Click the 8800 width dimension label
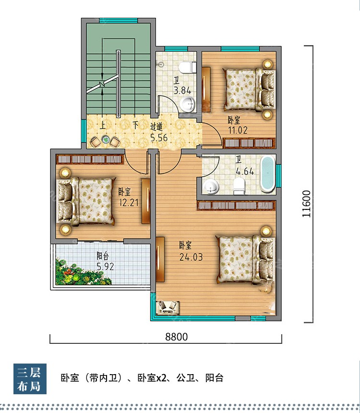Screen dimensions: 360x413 pos(177,337)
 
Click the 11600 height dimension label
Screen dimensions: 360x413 pos(307,204)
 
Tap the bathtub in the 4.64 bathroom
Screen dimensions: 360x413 pos(267,173)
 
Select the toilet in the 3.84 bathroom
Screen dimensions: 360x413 pos(188,67)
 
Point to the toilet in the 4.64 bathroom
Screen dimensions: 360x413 pos(239,186)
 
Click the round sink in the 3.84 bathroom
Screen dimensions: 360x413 pos(188,103)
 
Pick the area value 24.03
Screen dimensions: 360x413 pos(191,257)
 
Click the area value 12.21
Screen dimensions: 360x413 pos(129,203)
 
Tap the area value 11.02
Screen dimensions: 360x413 pos(238,130)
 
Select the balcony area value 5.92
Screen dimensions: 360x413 pos(105,267)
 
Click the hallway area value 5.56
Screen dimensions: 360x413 pos(159,137)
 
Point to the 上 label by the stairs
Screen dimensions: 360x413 pos(102,125)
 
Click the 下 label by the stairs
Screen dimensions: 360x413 pos(135,125)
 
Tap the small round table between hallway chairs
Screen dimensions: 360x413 pos(106,140)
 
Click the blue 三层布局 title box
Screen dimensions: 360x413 pos(30,379)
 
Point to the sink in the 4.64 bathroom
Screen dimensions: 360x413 pos(211,186)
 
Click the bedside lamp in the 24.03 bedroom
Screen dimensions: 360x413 pos(266,231)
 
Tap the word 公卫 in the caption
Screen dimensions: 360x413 pos(185,378)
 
